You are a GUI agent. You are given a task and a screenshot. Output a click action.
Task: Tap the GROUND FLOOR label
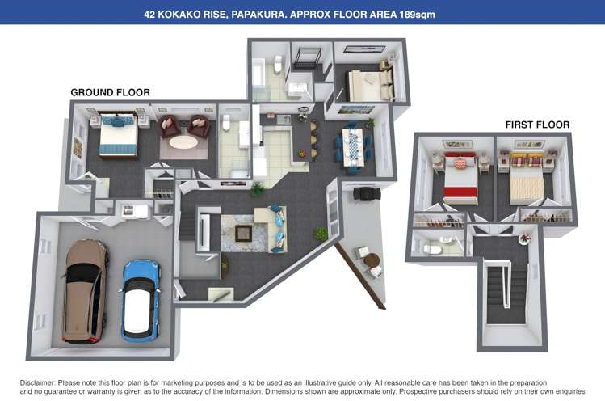point(110,92)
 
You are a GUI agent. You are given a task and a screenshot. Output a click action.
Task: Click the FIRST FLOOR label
point(537,125)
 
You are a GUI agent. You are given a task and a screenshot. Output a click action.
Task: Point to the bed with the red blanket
point(460,179)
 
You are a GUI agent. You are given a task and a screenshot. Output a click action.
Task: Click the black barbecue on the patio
point(366,194)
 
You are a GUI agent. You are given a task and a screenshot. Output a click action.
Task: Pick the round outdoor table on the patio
point(371,260)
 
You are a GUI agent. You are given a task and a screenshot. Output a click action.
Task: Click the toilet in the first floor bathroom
point(433,249)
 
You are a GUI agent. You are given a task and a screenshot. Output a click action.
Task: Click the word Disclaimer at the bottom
point(38,382)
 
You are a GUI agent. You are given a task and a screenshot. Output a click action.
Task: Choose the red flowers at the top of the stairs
point(526,238)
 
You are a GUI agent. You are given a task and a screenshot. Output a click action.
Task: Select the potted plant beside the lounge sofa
point(321,234)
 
